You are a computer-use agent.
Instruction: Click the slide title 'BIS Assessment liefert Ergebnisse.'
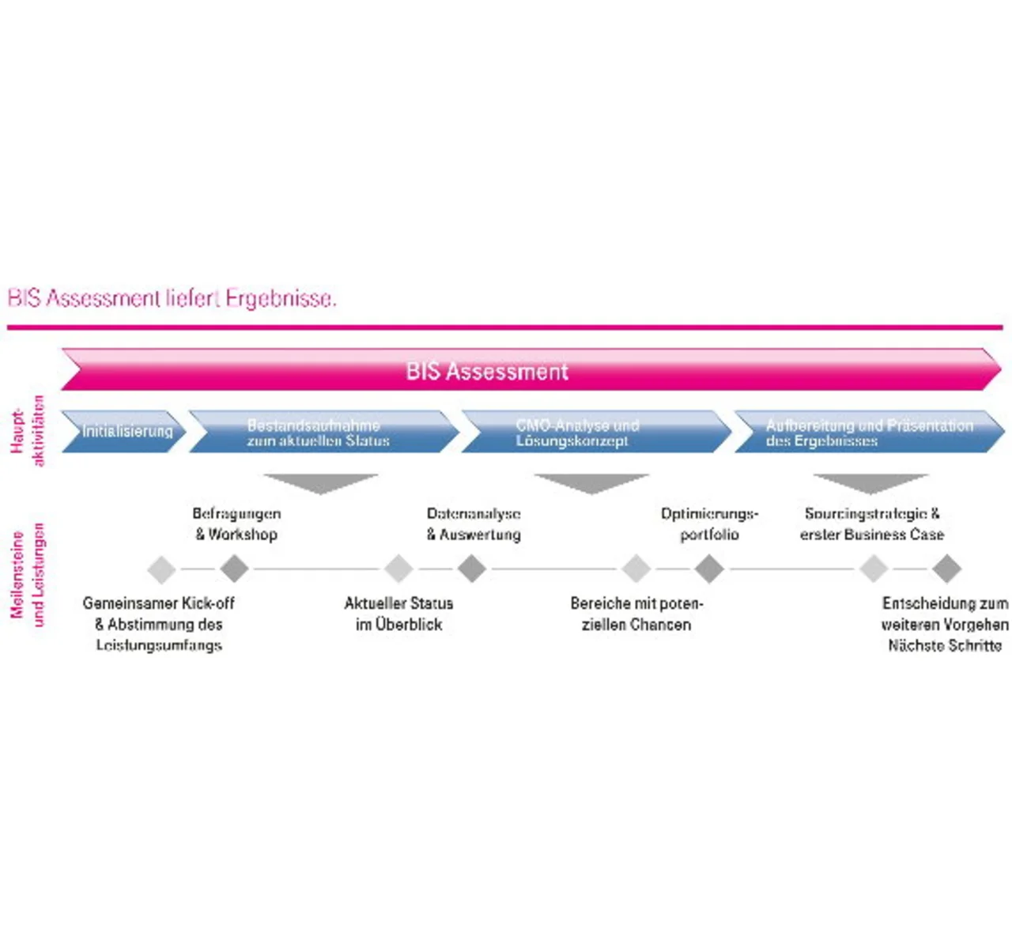pyautogui.click(x=172, y=299)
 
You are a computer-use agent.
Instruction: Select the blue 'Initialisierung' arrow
pyautogui.click(x=124, y=432)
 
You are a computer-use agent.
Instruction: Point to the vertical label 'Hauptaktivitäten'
pyautogui.click(x=28, y=432)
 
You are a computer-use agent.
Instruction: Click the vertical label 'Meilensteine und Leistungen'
pyautogui.click(x=28, y=575)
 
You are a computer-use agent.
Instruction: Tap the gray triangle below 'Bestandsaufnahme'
pyautogui.click(x=321, y=482)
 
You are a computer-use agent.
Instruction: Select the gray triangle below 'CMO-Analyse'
pyautogui.click(x=591, y=482)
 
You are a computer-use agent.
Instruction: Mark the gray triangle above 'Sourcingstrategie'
pyautogui.click(x=870, y=482)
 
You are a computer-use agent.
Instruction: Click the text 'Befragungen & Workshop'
pyautogui.click(x=236, y=523)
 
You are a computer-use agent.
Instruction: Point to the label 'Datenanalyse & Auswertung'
pyautogui.click(x=474, y=523)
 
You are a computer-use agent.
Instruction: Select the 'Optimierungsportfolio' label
pyautogui.click(x=709, y=523)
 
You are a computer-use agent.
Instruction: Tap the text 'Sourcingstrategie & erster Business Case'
pyautogui.click(x=872, y=523)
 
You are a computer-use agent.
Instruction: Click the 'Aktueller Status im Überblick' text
pyautogui.click(x=398, y=614)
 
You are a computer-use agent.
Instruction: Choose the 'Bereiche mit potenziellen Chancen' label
pyautogui.click(x=636, y=614)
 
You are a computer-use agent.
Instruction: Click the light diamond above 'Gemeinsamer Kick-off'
pyautogui.click(x=161, y=569)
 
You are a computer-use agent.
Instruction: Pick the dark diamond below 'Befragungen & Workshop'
pyautogui.click(x=234, y=569)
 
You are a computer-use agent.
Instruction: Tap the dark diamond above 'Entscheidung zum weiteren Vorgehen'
pyautogui.click(x=946, y=569)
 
